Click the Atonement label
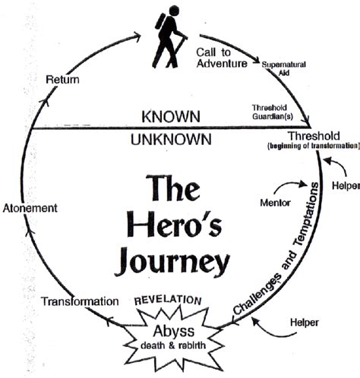tap(31, 207)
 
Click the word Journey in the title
tap(172, 261)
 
